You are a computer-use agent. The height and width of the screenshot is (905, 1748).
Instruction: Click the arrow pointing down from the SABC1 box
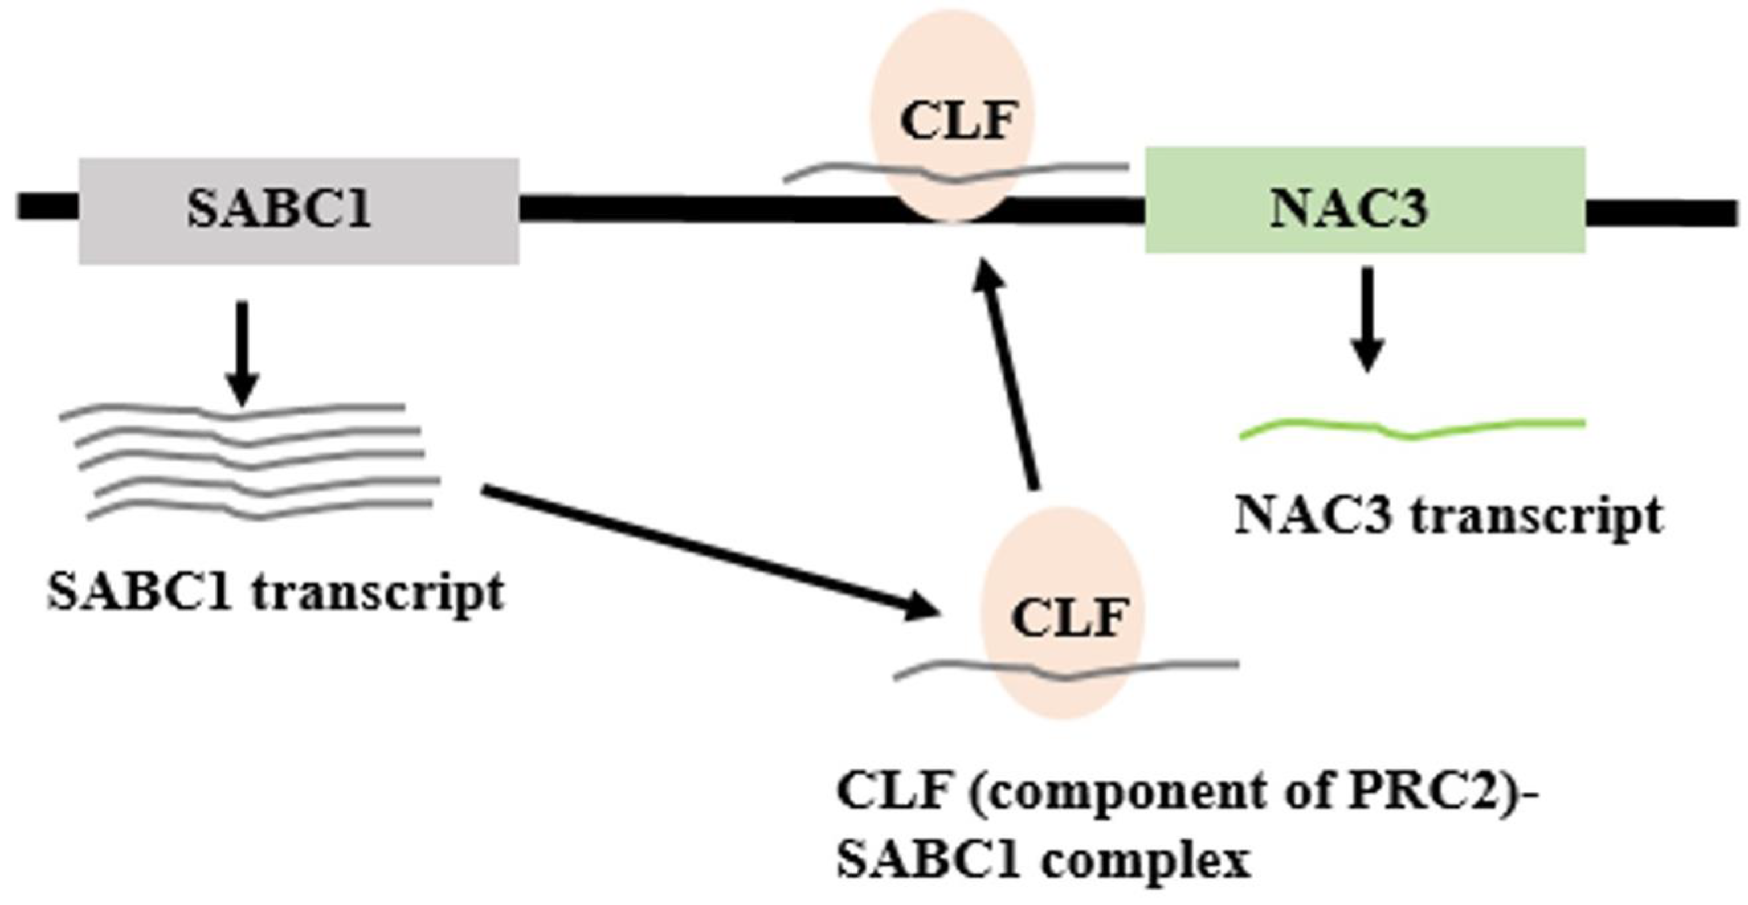242,353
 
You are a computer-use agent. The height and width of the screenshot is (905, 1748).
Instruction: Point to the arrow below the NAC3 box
1367,319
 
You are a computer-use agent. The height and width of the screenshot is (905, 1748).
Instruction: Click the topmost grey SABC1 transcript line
231,411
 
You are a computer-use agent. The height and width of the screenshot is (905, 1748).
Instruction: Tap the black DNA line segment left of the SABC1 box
47,206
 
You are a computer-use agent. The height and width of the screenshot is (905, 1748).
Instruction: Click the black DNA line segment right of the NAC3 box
1663,213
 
